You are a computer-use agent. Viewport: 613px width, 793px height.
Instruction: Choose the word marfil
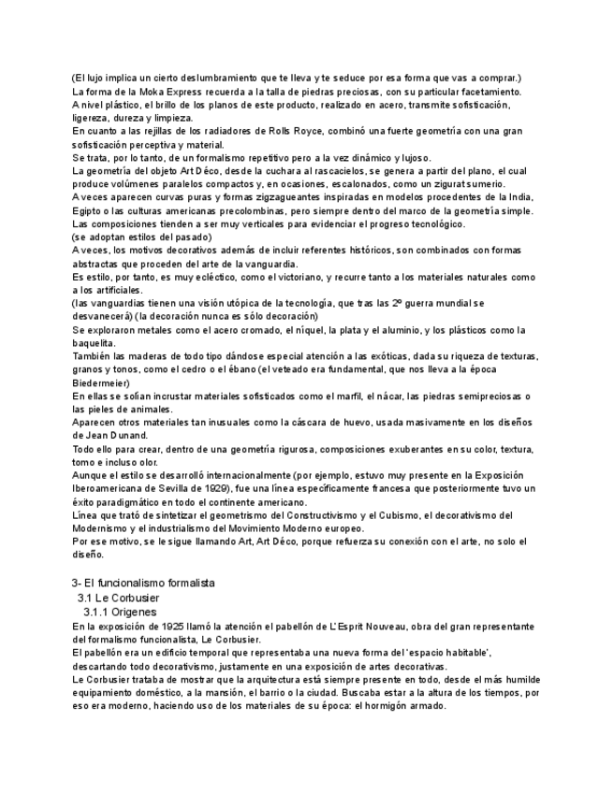pos(368,396)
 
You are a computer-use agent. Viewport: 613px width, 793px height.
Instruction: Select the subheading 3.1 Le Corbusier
pos(119,597)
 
